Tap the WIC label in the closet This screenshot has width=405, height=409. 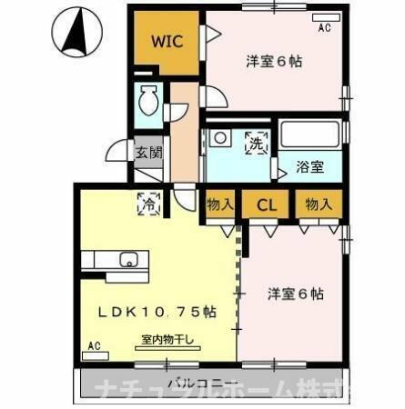tap(166, 42)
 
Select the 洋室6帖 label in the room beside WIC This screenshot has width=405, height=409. tap(274, 62)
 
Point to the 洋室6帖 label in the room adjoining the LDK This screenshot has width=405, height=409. tap(296, 294)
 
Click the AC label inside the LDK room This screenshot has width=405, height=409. tap(92, 345)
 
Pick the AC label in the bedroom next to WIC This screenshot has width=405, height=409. tap(325, 28)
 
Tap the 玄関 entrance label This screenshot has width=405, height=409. tap(148, 153)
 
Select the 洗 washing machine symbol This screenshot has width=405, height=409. tap(257, 143)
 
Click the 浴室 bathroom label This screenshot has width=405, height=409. tap(311, 166)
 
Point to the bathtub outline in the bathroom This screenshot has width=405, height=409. tap(309, 134)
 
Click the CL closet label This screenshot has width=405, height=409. tap(266, 204)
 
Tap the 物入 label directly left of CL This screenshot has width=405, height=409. tap(219, 204)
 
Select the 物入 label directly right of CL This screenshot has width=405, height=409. tap(318, 204)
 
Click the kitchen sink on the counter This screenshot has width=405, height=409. tap(128, 262)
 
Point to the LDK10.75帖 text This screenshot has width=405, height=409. tap(157, 312)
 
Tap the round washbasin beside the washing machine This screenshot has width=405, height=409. tap(219, 138)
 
